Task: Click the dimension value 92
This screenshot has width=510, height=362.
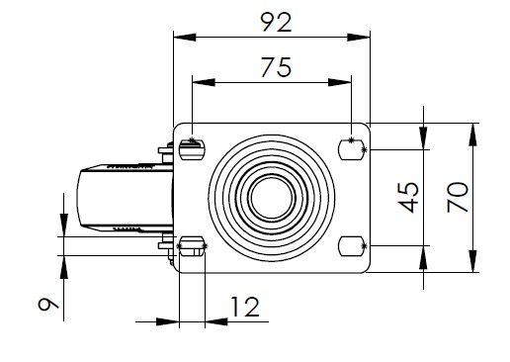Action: (276, 22)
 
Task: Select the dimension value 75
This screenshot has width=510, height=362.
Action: (276, 67)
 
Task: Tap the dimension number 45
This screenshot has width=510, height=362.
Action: (408, 197)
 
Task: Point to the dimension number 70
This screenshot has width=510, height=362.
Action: (458, 197)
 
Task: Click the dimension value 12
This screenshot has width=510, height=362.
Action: (245, 307)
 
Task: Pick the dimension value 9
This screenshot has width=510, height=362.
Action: (48, 304)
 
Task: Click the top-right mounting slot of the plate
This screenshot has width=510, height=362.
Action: (352, 149)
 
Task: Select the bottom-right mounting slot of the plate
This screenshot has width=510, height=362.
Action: (352, 246)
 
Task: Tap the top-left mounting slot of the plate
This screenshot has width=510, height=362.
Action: (192, 149)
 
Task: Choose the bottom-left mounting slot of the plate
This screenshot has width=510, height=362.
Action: (192, 246)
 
